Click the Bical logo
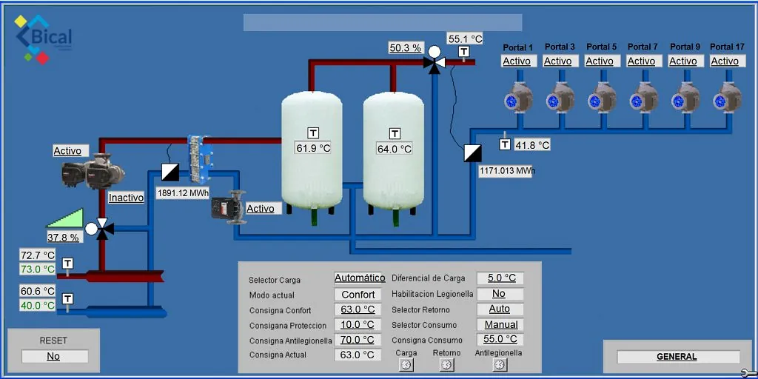point(44,39)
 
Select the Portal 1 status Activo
point(518,61)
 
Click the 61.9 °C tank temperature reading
point(313,148)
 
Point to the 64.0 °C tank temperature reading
point(394,149)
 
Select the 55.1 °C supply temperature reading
point(465,39)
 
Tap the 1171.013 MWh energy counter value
point(506,171)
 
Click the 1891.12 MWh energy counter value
point(184,193)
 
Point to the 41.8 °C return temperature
point(531,145)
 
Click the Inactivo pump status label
point(126,198)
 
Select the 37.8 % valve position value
point(64,238)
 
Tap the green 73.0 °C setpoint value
point(38,269)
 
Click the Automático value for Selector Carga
point(360,278)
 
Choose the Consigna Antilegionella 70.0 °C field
point(358,340)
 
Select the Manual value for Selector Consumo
point(501,325)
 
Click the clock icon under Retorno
point(447,364)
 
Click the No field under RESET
point(53,356)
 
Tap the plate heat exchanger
point(200,160)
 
